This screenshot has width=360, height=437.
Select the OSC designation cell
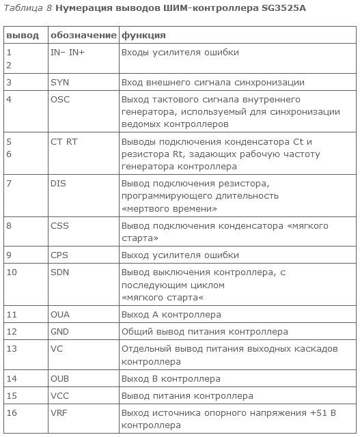[x=60, y=99]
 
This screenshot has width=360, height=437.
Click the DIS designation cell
[x=59, y=184]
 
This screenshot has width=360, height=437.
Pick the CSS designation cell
[x=59, y=226]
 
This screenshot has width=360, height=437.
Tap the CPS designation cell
[x=59, y=255]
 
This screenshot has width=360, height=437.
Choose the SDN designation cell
[x=60, y=272]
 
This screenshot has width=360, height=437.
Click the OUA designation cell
[x=60, y=315]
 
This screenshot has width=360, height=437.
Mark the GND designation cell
[x=60, y=332]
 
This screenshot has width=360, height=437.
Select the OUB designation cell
[x=60, y=378]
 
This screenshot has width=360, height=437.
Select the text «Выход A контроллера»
[x=171, y=315]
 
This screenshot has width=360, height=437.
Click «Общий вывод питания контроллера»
[x=204, y=332]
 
